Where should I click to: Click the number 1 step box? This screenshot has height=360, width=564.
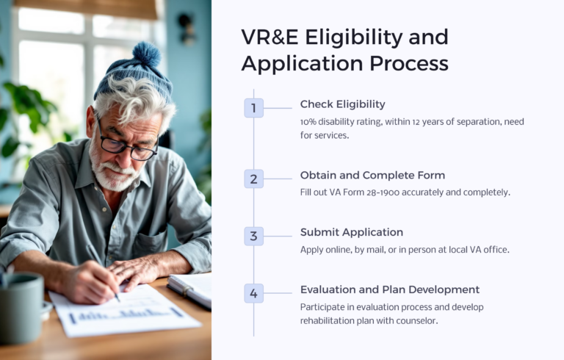pos(253,108)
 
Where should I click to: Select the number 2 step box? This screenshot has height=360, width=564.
pos(253,179)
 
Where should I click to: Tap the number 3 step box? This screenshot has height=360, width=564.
pos(253,236)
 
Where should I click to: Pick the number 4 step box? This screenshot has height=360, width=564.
pos(253,293)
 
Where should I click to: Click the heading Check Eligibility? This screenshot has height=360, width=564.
pos(342,104)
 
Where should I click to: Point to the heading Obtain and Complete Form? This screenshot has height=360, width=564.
pos(372,175)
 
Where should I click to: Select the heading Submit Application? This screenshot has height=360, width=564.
pos(351,232)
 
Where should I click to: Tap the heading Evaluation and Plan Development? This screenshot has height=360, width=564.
pos(389,289)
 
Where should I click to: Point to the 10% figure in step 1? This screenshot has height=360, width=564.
pos(310,121)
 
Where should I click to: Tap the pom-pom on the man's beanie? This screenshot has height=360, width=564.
pos(146,55)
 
